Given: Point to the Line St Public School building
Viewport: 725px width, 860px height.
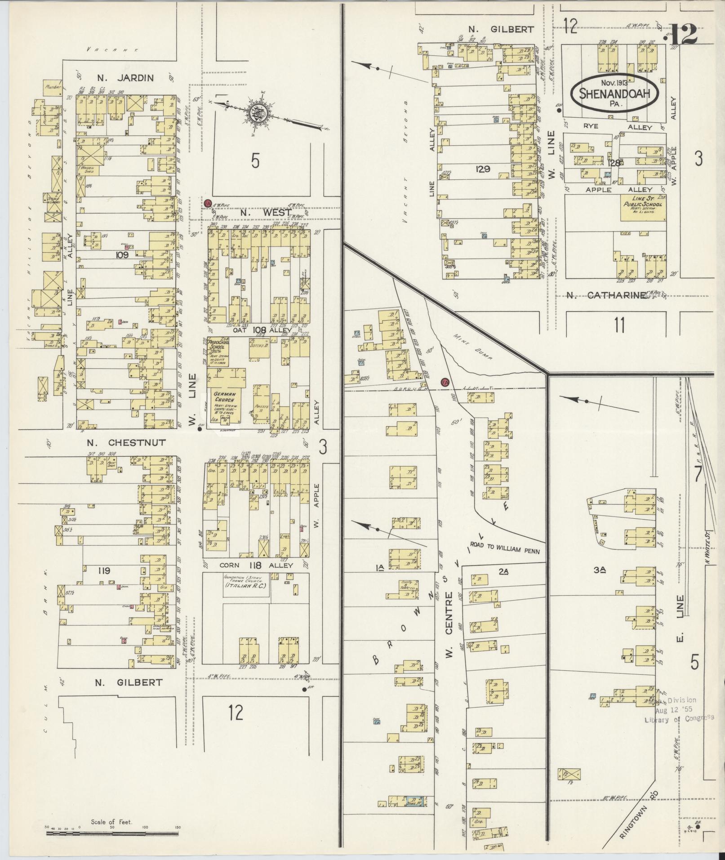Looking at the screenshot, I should [x=643, y=207].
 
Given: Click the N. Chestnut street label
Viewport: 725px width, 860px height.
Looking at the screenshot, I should [x=126, y=443].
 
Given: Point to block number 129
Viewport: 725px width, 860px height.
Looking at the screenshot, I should [x=484, y=169].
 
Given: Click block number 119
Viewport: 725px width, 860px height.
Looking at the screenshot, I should [x=104, y=571].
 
